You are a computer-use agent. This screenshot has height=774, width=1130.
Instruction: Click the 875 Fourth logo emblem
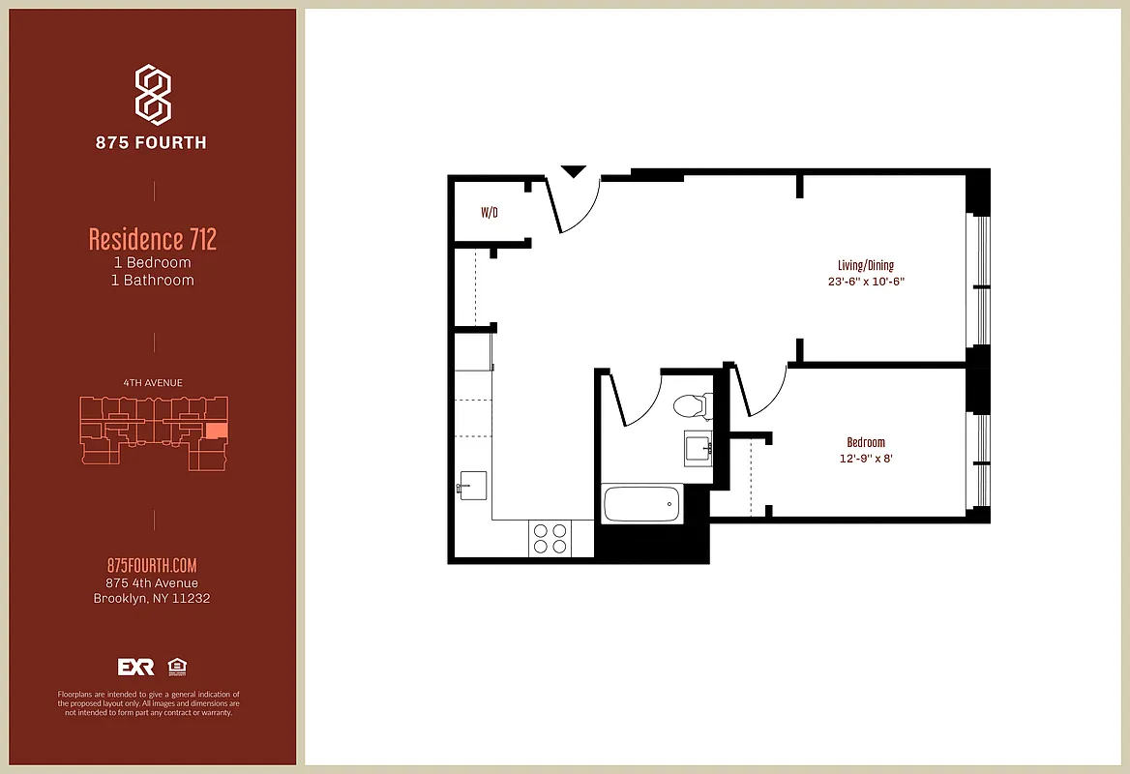click(x=153, y=95)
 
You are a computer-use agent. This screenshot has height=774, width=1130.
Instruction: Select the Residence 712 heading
click(x=153, y=238)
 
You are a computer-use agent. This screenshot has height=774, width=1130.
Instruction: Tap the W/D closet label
click(x=490, y=213)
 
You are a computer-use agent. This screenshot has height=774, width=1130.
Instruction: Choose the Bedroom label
click(x=866, y=442)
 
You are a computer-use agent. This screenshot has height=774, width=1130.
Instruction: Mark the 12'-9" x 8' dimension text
click(x=866, y=459)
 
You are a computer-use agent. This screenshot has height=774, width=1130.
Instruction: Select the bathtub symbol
click(x=641, y=503)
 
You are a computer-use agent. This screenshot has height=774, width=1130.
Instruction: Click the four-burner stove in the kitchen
click(x=550, y=538)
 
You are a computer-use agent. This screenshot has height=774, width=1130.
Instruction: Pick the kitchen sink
click(x=473, y=485)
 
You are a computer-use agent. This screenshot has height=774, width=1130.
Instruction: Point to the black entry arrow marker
click(x=574, y=172)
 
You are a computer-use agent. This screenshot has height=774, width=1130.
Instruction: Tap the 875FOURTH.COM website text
click(x=152, y=566)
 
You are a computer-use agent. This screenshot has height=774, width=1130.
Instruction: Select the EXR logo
click(x=135, y=667)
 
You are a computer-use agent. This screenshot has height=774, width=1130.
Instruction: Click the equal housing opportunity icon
click(x=176, y=667)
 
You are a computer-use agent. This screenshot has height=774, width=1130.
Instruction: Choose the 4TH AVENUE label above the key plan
click(x=153, y=383)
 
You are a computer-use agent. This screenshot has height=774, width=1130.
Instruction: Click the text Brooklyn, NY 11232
click(x=152, y=599)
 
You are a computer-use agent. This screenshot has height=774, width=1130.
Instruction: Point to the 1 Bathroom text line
click(x=153, y=281)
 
